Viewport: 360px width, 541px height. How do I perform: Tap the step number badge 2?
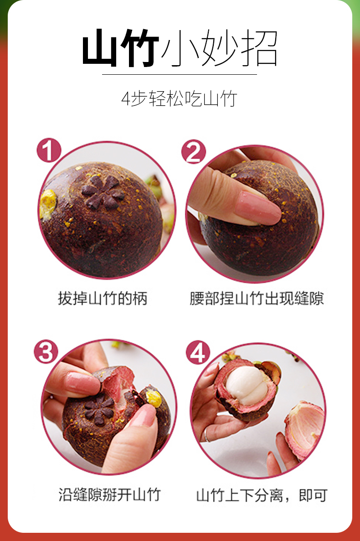(194, 152)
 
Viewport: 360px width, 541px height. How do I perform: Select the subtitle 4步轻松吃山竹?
(180, 99)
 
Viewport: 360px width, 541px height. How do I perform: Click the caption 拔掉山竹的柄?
(103, 299)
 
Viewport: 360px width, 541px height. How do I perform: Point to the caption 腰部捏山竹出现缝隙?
(257, 299)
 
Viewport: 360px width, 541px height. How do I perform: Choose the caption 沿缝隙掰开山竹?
(109, 495)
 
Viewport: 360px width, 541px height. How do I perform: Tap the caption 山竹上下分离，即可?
(262, 495)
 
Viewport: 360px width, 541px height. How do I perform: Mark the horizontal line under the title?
(180, 74)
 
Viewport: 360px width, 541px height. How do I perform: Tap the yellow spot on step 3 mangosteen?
(154, 398)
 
